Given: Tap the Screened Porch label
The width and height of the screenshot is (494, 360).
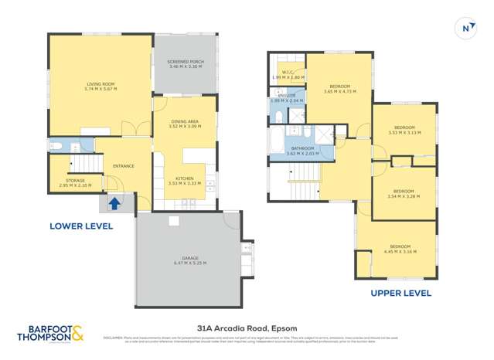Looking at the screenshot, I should coord(185,63).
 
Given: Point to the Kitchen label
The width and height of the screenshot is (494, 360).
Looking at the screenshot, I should coord(185,180).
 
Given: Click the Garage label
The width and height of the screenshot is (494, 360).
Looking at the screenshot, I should coord(188,260).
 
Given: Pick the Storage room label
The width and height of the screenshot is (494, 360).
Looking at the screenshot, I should coord(75,182).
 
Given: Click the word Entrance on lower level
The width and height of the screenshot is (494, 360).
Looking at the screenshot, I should coord(124,166).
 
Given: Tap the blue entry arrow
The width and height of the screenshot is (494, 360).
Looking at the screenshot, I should coord(114,204).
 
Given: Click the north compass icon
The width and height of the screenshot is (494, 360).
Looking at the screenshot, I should coord(466,29).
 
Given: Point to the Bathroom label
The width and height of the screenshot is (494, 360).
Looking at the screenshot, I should coord(302,150).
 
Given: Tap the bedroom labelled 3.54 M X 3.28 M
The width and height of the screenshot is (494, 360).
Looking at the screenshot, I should coord(404,193).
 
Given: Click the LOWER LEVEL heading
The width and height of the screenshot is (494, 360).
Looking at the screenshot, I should coord(81,226).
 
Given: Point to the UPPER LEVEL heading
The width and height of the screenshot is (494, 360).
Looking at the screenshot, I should coord(400,294).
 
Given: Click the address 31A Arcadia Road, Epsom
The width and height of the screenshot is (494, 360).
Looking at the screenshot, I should coord(247,328).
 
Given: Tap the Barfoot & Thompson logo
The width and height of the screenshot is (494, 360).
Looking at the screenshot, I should coord(50,333).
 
